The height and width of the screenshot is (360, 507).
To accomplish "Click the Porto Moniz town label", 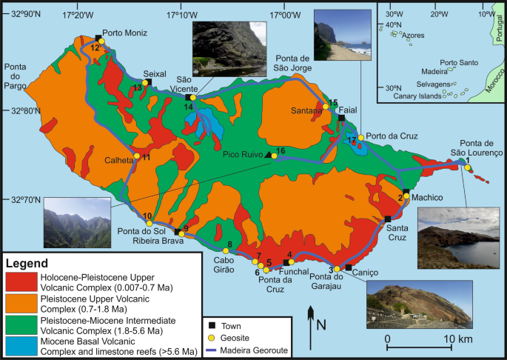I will click(124, 33).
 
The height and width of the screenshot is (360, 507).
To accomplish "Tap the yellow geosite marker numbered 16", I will click(271, 156).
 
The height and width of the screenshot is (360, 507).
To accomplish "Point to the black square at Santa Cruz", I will click(388, 219).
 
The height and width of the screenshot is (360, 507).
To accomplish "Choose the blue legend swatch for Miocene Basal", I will click(22, 345).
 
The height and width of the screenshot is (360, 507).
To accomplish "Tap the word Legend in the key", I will click(27, 263).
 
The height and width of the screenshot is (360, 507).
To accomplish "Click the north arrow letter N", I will click(320, 324).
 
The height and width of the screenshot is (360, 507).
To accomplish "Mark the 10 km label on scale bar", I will click(459, 339).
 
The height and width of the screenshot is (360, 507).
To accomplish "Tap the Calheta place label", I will click(117, 158).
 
